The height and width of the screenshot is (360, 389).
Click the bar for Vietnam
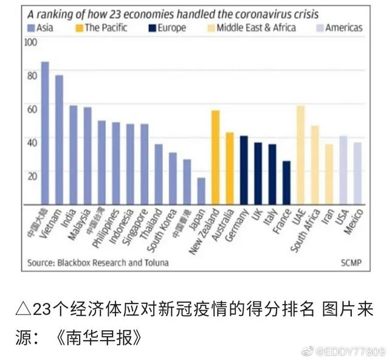[x=59, y=139]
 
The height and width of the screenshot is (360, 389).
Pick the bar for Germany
[x=244, y=170]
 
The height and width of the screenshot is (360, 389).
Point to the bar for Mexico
[x=357, y=173]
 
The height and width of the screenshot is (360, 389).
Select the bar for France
[x=286, y=182]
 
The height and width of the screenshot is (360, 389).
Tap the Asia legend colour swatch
[x=32, y=27]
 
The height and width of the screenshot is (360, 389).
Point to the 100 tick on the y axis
[x=30, y=42]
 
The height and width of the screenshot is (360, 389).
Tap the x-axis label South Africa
[x=307, y=223]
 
